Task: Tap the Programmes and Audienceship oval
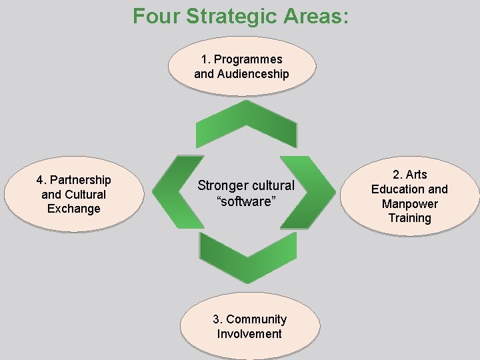click(241, 67)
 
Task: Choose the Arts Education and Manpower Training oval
click(409, 196)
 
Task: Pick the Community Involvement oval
click(249, 327)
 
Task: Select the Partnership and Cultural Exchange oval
click(73, 194)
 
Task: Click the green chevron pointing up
click(246, 125)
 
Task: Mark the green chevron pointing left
click(177, 192)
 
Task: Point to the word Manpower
click(409, 204)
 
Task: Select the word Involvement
click(249, 334)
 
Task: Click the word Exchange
click(73, 209)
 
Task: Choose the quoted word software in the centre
click(245, 201)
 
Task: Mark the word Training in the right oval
click(409, 218)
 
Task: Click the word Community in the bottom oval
click(256, 319)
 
